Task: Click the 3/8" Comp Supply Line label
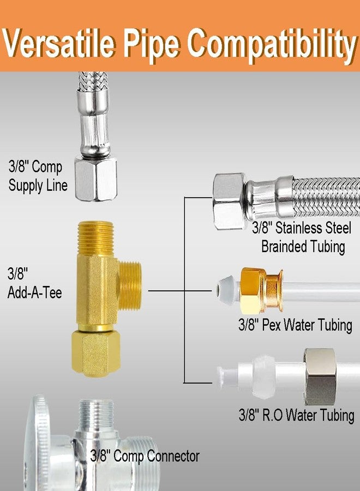click(38, 175)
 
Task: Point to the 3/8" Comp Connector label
click(145, 456)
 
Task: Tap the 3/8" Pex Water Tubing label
click(295, 325)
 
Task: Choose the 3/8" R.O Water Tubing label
click(296, 415)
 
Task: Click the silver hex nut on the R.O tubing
click(320, 376)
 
